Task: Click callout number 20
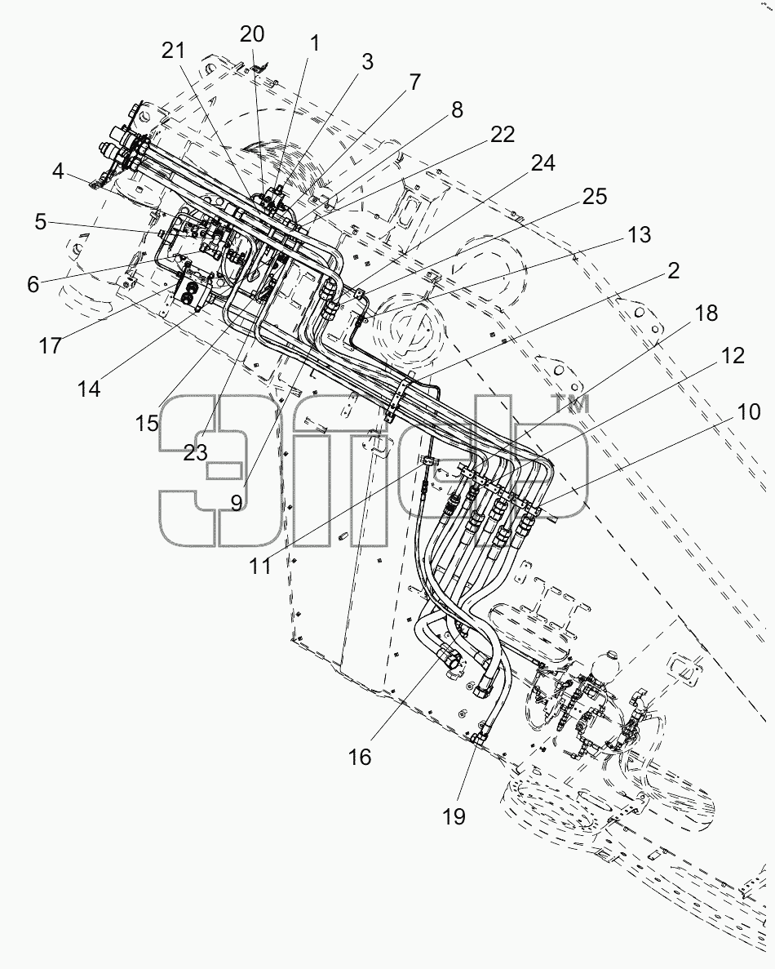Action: click(x=252, y=34)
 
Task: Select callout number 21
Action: click(x=174, y=51)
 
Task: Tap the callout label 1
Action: click(x=314, y=44)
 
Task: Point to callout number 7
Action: click(x=414, y=82)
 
